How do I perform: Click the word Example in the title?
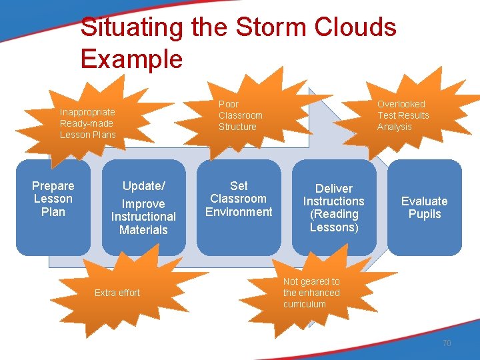pyautogui.click(x=131, y=59)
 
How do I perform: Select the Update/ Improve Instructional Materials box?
pyautogui.click(x=143, y=208)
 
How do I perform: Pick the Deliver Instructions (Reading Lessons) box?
pyautogui.click(x=333, y=208)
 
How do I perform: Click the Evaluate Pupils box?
pyautogui.click(x=424, y=207)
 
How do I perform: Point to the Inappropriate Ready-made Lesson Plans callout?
pyautogui.click(x=87, y=123)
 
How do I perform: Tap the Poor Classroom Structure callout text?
pyautogui.click(x=240, y=115)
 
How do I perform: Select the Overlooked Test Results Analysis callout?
pyautogui.click(x=403, y=115)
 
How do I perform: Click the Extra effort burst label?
pyautogui.click(x=117, y=293)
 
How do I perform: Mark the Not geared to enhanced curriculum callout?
pyautogui.click(x=311, y=293)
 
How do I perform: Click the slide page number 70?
pyautogui.click(x=447, y=343)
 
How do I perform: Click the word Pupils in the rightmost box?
pyautogui.click(x=425, y=214)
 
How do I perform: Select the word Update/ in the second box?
pyautogui.click(x=143, y=186)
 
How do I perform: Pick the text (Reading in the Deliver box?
pyautogui.click(x=334, y=214)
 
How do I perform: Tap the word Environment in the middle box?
pyautogui.click(x=239, y=212)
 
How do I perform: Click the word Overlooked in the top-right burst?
pyautogui.click(x=401, y=104)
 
